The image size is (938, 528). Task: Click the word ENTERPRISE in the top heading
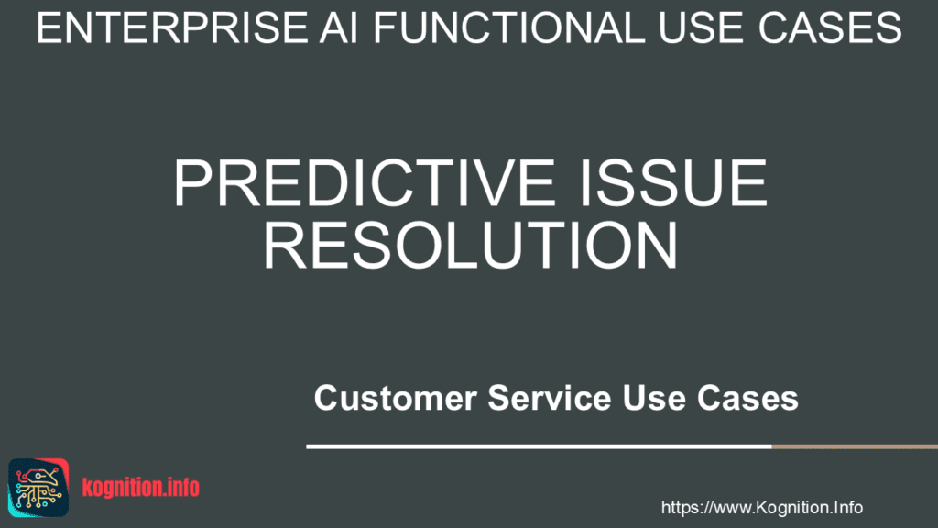point(172,27)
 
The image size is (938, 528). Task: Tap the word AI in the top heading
point(339,27)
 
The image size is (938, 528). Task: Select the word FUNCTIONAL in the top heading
point(508,27)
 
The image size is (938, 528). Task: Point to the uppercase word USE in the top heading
point(701,27)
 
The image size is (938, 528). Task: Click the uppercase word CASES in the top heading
point(830,27)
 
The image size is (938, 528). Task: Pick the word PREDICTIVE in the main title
point(365,182)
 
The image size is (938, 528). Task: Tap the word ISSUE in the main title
point(673,182)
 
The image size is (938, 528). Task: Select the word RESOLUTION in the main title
point(471,245)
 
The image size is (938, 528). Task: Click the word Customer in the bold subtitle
point(396,398)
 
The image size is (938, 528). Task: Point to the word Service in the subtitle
point(550,398)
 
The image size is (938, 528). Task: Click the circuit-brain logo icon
point(38,488)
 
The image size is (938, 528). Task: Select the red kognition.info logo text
point(140,488)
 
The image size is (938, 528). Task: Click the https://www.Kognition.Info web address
point(761,508)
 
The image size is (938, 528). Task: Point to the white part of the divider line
point(539,446)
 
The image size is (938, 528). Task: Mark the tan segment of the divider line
point(855,446)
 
